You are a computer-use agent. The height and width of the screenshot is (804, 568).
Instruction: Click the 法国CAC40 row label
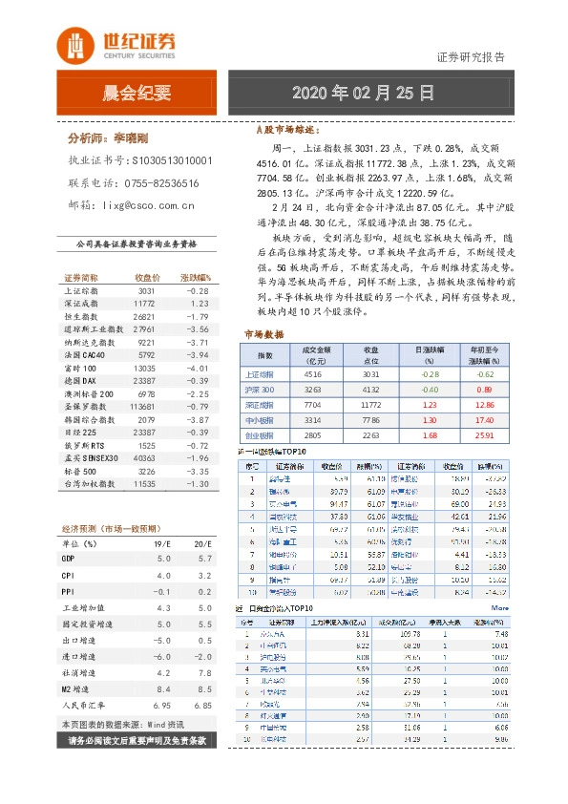[81, 354]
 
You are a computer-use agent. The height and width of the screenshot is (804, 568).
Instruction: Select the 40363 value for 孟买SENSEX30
[143, 457]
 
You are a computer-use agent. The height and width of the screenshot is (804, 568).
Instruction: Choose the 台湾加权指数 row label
[87, 484]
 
